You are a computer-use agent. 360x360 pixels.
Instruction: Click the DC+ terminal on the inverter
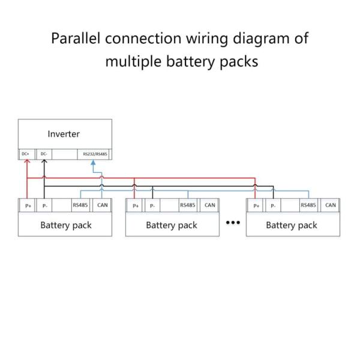point(25,154)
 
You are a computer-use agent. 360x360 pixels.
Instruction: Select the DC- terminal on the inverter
point(43,154)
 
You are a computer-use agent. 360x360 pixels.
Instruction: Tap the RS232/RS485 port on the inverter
point(95,154)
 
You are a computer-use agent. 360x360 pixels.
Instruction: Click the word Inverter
point(64,134)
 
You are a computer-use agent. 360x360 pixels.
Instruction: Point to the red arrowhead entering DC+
point(27,163)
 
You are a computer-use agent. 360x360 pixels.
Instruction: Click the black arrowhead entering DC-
point(44,163)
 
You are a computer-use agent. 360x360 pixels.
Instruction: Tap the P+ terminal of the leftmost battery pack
point(28,206)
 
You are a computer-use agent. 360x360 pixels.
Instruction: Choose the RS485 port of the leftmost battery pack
point(80,205)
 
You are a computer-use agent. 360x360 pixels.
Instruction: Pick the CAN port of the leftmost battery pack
point(102,205)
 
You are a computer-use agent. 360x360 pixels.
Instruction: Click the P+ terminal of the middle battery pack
point(136,206)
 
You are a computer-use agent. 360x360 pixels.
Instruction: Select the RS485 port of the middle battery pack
point(187,205)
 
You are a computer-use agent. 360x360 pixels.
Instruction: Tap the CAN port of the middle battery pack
point(209,205)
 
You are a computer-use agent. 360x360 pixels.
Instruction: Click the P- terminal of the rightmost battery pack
point(274,206)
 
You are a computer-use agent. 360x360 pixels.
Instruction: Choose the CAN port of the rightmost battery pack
point(331,205)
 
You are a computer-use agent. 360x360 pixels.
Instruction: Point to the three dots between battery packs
point(232,223)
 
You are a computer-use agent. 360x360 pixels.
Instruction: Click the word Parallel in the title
point(76,39)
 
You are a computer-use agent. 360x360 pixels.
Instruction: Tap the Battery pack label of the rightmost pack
point(292,226)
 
